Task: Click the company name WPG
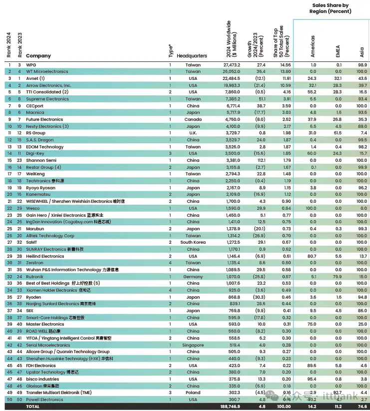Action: (31, 65)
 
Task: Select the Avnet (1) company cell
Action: (35, 78)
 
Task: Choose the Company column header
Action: (38, 56)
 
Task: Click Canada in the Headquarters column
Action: (193, 119)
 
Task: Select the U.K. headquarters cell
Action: (193, 133)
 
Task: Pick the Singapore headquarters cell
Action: (193, 345)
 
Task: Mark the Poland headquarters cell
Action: (193, 393)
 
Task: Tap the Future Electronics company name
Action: (45, 119)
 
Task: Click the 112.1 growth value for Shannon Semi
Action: (260, 160)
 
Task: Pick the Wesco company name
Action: (33, 208)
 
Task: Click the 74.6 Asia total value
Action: (362, 407)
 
